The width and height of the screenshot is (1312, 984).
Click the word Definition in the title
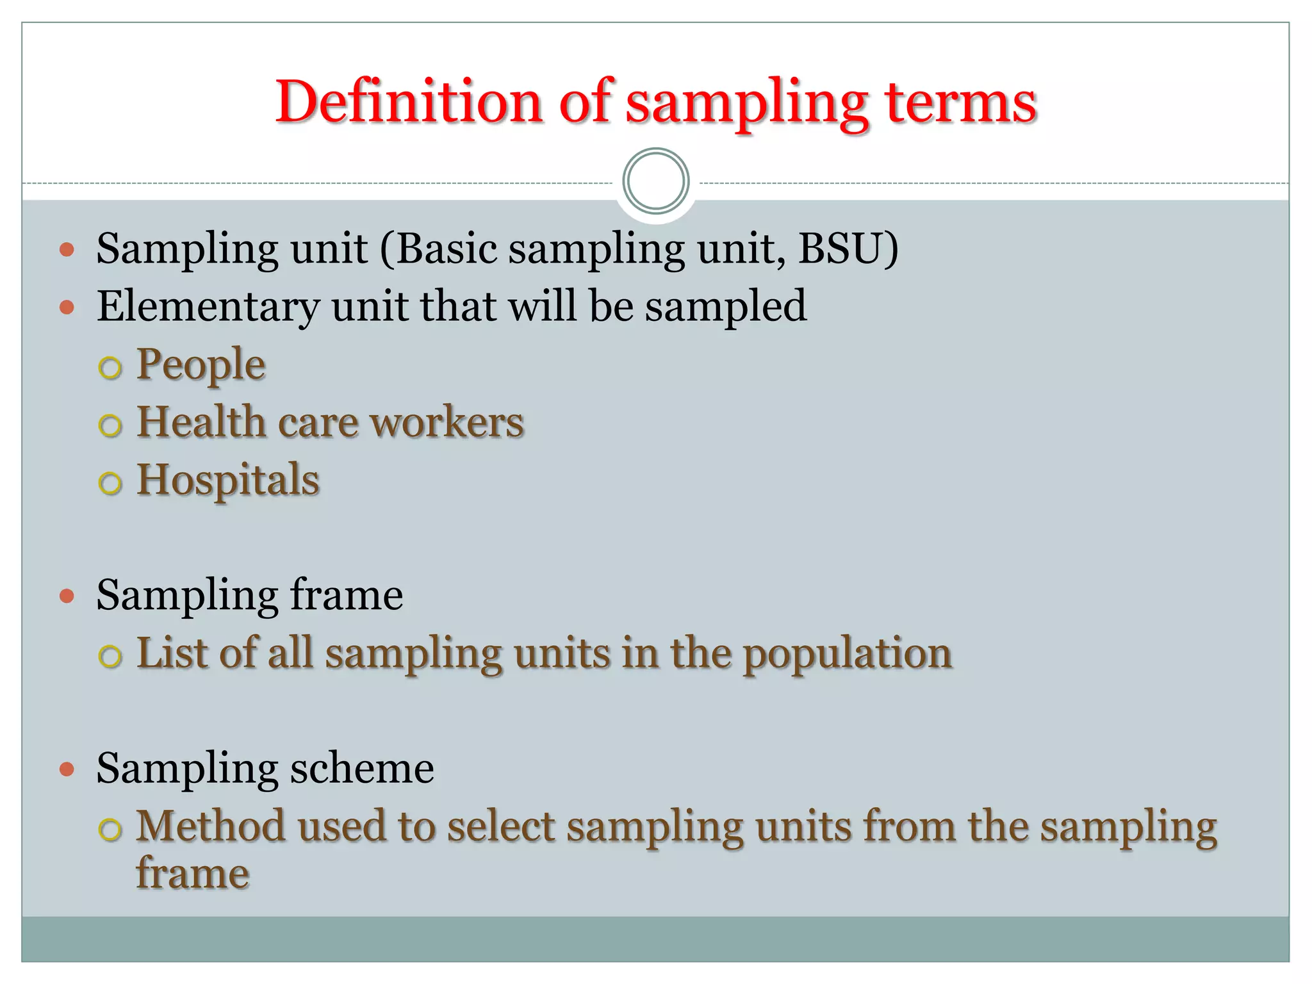(409, 102)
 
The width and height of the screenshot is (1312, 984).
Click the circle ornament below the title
(655, 181)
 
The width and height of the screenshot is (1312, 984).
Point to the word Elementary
(208, 306)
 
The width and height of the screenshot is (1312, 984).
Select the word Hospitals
(228, 480)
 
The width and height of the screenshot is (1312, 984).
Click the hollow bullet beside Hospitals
(110, 483)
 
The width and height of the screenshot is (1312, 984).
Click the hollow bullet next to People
(110, 368)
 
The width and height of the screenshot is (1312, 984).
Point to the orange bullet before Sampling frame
(67, 597)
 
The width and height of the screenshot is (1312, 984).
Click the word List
(172, 653)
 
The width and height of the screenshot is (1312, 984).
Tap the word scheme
(362, 767)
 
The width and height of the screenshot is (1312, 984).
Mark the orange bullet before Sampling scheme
(67, 769)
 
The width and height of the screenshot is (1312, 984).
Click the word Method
(210, 826)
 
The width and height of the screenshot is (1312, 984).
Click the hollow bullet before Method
(110, 829)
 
